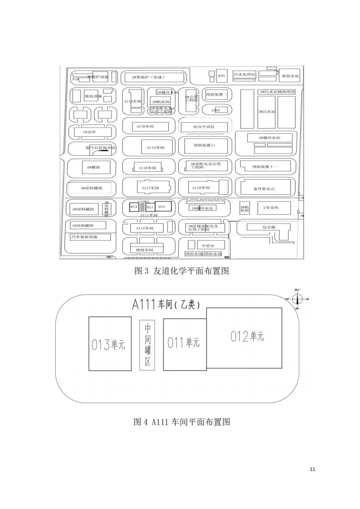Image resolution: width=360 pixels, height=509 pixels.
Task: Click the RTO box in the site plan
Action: (x=221, y=76)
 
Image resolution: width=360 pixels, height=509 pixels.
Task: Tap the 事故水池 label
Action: (x=290, y=76)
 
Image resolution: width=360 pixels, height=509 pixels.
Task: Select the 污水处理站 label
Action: (x=244, y=74)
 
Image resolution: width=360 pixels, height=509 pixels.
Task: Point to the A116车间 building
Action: (x=145, y=127)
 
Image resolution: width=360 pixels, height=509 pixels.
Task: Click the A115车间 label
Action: (x=156, y=147)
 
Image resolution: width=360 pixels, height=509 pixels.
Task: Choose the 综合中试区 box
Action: (x=204, y=127)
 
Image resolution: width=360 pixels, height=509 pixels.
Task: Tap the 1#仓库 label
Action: (x=89, y=132)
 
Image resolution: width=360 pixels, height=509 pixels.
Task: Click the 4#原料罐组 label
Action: (x=91, y=188)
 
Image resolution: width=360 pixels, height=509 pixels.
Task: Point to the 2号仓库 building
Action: (x=271, y=208)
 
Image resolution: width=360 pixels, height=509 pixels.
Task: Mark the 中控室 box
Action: (x=208, y=246)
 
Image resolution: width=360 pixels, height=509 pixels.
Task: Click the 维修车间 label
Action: (x=145, y=250)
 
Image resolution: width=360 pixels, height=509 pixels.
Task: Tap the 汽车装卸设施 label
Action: (x=84, y=237)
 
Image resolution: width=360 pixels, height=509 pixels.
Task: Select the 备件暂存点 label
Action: (x=264, y=189)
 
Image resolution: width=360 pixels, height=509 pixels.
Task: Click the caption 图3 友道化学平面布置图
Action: (x=182, y=271)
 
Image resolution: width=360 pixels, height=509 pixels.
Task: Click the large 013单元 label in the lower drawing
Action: (x=108, y=344)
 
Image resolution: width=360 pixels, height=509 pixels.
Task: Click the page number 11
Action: (x=312, y=469)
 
